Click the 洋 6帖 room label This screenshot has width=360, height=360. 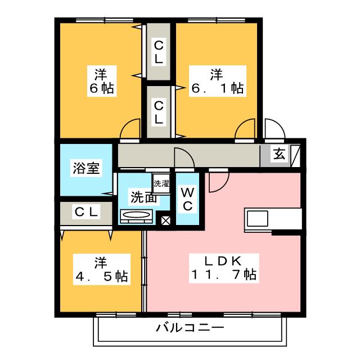click(102, 81)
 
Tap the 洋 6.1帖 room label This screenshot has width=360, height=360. click(218, 81)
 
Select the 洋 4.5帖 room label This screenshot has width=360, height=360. click(102, 269)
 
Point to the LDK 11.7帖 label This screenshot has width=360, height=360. click(224, 268)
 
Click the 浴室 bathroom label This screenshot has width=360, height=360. click(86, 168)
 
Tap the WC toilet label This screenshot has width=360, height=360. click(188, 199)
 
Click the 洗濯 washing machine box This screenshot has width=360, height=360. click(161, 183)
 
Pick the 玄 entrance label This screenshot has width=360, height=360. click(279, 154)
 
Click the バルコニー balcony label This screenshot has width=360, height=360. click(190, 327)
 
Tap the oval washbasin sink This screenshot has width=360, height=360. click(136, 215)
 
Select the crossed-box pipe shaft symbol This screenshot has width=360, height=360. click(165, 220)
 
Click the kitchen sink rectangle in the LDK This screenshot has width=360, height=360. click(258, 218)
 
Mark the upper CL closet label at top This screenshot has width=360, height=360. click(159, 52)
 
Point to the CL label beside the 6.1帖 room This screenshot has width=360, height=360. click(159, 112)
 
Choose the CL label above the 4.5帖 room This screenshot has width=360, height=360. click(86, 211)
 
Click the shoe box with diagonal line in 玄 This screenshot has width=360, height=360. click(295, 156)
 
